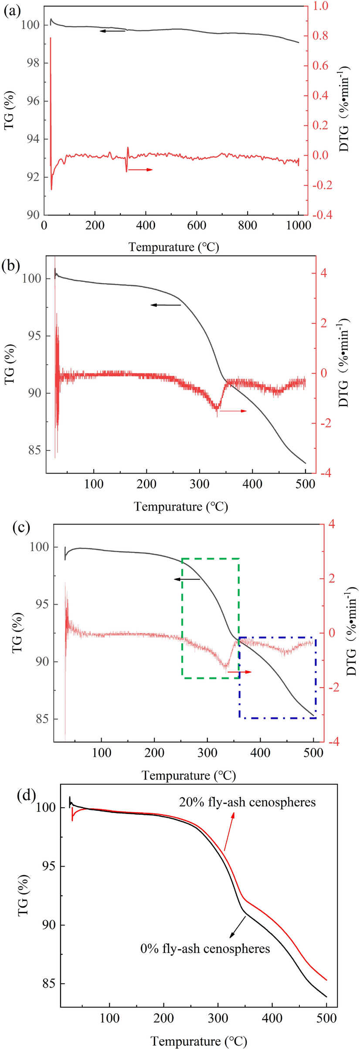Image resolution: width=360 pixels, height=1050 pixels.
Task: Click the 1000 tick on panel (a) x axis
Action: click(299, 226)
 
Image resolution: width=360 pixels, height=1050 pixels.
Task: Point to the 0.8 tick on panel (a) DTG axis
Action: click(323, 36)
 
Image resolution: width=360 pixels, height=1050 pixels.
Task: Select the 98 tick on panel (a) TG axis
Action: click(30, 63)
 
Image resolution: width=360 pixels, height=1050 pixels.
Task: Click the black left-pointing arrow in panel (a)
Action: click(112, 31)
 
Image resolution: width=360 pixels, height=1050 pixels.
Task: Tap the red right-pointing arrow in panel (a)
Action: click(140, 169)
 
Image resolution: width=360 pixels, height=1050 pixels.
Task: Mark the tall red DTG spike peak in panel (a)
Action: click(51, 38)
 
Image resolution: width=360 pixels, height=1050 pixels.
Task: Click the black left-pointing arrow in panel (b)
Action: click(166, 305)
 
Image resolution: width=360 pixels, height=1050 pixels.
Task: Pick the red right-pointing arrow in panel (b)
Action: click(233, 411)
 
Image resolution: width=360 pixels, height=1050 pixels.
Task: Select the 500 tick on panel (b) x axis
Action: click(305, 484)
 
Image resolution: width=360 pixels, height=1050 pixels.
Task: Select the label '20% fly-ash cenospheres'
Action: click(247, 802)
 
